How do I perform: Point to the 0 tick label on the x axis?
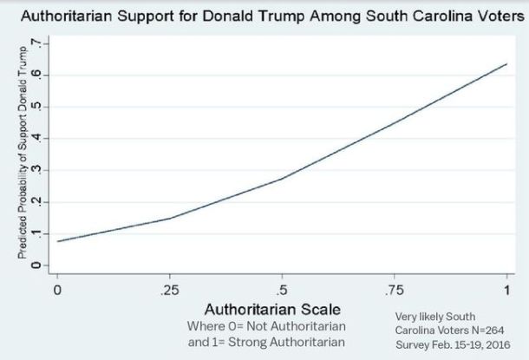click(x=58, y=288)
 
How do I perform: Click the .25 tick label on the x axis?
click(x=170, y=288)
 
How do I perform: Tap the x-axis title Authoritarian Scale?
click(x=266, y=310)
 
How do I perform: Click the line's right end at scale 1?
click(x=506, y=64)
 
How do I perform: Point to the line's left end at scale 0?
click(x=58, y=241)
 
